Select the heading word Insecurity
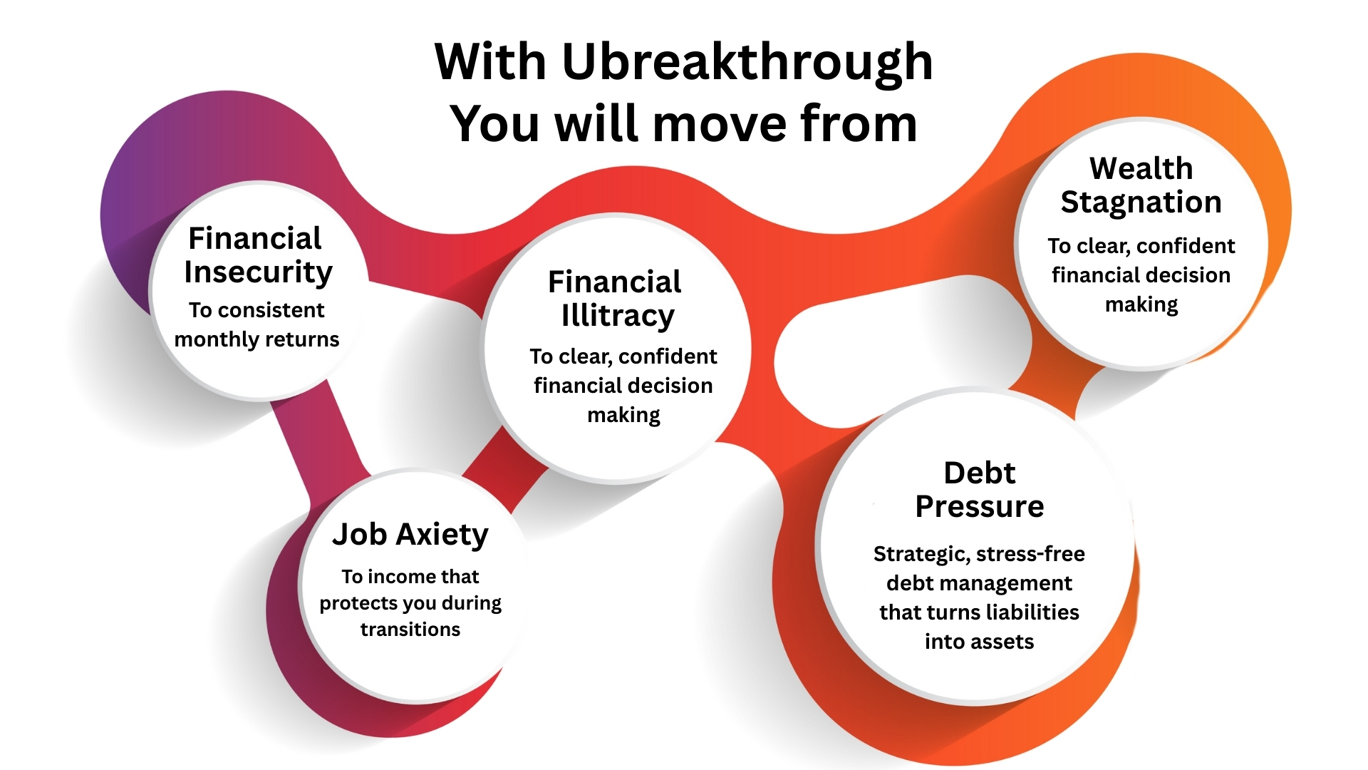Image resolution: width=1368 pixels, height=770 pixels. click(258, 273)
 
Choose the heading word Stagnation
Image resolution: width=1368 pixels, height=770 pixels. click(1141, 203)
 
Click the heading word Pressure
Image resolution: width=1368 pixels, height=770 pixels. click(980, 506)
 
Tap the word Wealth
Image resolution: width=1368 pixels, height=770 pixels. click(1141, 169)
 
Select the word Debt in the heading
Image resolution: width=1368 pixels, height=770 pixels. click(980, 473)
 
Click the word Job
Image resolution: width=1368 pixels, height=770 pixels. click(359, 535)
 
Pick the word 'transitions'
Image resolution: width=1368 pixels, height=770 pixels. click(410, 630)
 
